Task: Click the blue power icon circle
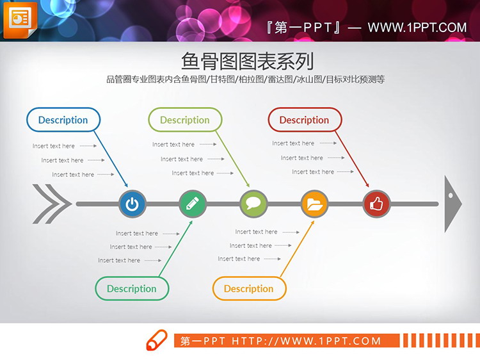coord(132,204)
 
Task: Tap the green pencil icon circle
coord(193,204)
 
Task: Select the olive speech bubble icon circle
coord(253,204)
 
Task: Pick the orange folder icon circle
coord(315,204)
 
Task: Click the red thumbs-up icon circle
coord(376,204)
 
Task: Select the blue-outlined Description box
coord(63,120)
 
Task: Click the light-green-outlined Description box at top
coord(185,120)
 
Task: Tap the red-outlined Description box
coord(304,120)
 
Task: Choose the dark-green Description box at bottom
coord(131,288)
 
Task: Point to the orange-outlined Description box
coord(249,288)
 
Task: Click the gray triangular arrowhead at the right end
coord(452,204)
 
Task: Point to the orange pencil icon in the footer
coord(157,340)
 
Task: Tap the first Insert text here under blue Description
coord(54,146)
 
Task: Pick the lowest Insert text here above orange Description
coord(239,259)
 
